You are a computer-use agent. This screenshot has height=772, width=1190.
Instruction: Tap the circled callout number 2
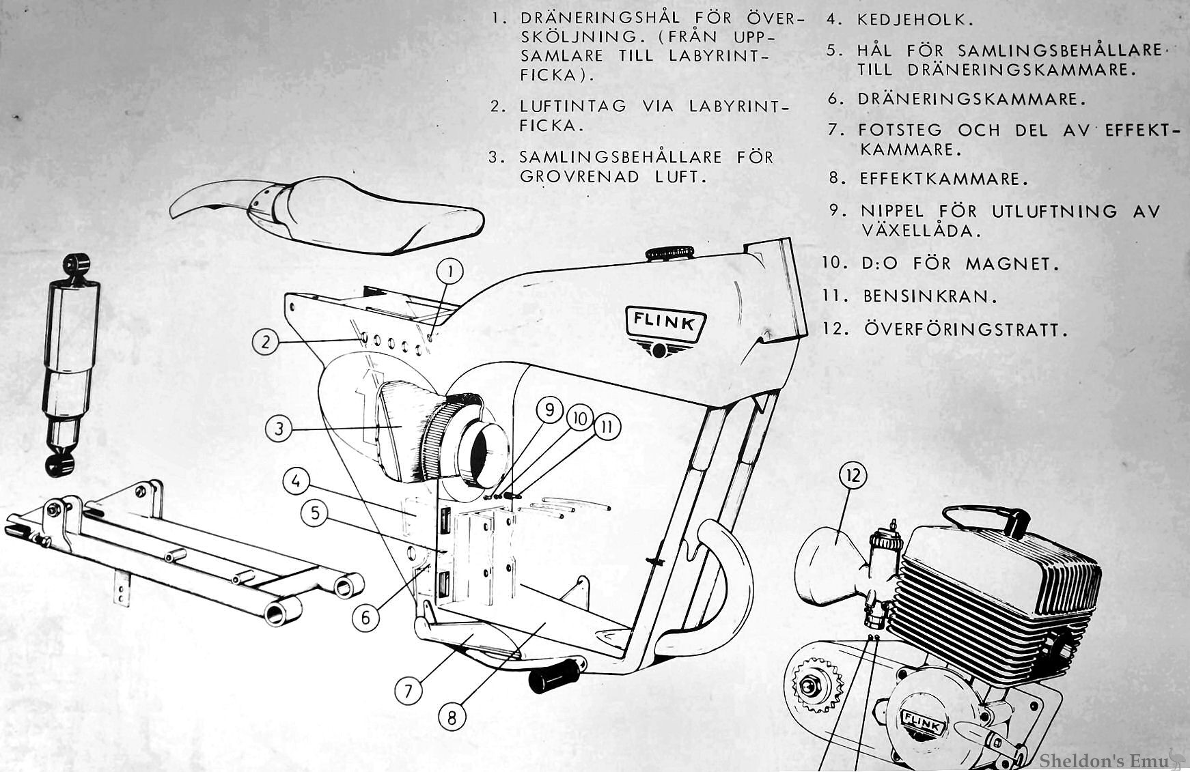coord(266,341)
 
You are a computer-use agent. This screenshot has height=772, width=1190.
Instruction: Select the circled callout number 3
coord(279,429)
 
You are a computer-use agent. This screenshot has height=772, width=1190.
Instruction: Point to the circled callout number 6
coord(366,618)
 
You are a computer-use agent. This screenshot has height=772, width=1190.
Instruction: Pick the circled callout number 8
coord(452,717)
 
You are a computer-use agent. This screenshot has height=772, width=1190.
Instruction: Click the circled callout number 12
coord(855,476)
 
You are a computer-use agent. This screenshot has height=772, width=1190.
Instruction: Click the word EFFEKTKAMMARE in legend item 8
coord(943,180)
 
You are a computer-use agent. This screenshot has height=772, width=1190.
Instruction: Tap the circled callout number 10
coord(579,418)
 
